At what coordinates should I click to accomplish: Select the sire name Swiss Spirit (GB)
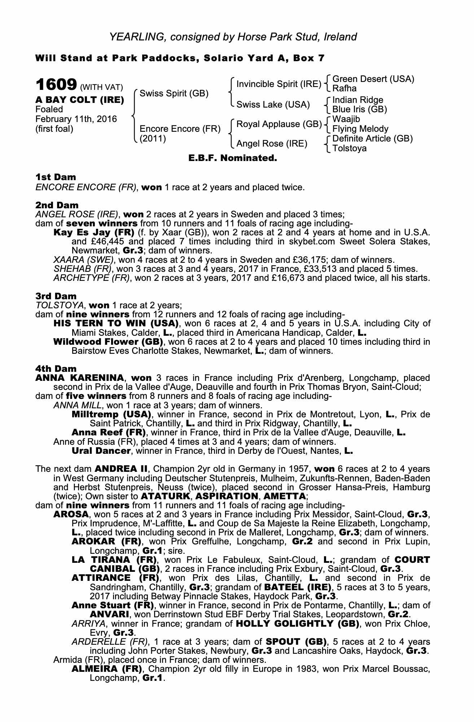pyautogui.click(x=174, y=93)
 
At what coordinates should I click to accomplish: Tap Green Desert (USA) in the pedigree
pyautogui.click(x=373, y=79)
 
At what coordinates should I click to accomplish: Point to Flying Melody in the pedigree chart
pyautogui.click(x=360, y=129)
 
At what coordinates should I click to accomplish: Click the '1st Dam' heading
pyautogui.click(x=56, y=177)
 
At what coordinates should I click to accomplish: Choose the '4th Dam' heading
pyautogui.click(x=56, y=369)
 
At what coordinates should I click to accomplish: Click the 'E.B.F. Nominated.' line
pyautogui.click(x=233, y=158)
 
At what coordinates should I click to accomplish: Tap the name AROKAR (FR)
pyautogui.click(x=107, y=541)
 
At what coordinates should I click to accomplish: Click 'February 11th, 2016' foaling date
pyautogui.click(x=76, y=119)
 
